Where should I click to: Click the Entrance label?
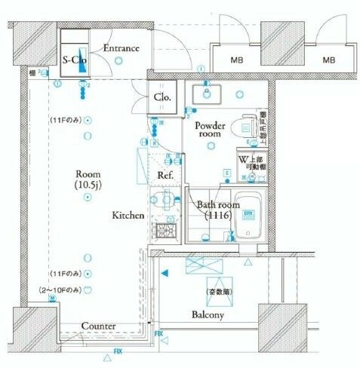click(x=121, y=49)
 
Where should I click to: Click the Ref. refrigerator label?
click(x=165, y=175)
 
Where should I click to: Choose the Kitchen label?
click(x=128, y=216)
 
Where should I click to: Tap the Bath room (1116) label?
click(x=218, y=210)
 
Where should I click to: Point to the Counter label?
click(x=98, y=326)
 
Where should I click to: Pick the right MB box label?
click(x=329, y=60)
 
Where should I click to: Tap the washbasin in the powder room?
click(x=205, y=94)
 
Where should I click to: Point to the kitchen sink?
click(x=165, y=200)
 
